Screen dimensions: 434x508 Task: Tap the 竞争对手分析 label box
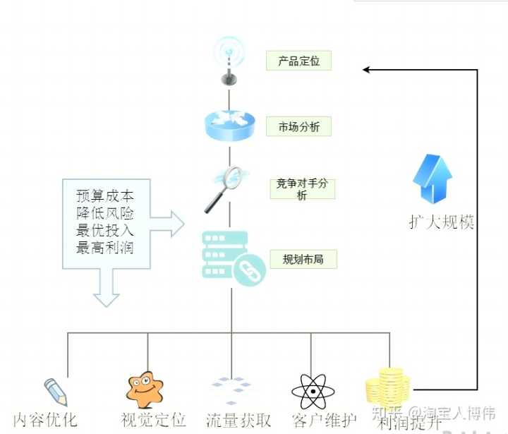pos(301,189)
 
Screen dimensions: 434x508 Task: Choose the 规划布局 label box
pos(303,259)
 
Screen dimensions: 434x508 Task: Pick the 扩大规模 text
pos(442,222)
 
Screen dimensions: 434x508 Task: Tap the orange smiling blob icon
pos(145,389)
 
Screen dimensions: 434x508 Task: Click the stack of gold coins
pos(387,389)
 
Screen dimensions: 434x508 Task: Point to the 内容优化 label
pos(45,420)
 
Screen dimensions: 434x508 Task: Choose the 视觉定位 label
pos(153,420)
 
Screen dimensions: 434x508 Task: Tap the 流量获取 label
pos(239,420)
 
